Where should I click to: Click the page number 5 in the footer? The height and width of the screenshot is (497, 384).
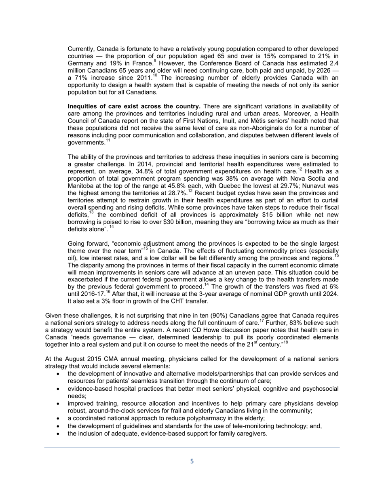pos(192,461)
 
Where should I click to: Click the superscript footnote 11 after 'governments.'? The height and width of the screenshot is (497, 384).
pos(108,141)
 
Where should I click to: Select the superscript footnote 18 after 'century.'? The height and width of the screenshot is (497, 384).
pos(285,342)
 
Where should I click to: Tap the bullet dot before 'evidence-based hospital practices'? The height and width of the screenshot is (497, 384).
pos(59,389)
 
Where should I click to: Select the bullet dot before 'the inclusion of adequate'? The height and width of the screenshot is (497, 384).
pos(59,434)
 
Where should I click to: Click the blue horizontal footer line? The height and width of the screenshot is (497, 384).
pos(192,448)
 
